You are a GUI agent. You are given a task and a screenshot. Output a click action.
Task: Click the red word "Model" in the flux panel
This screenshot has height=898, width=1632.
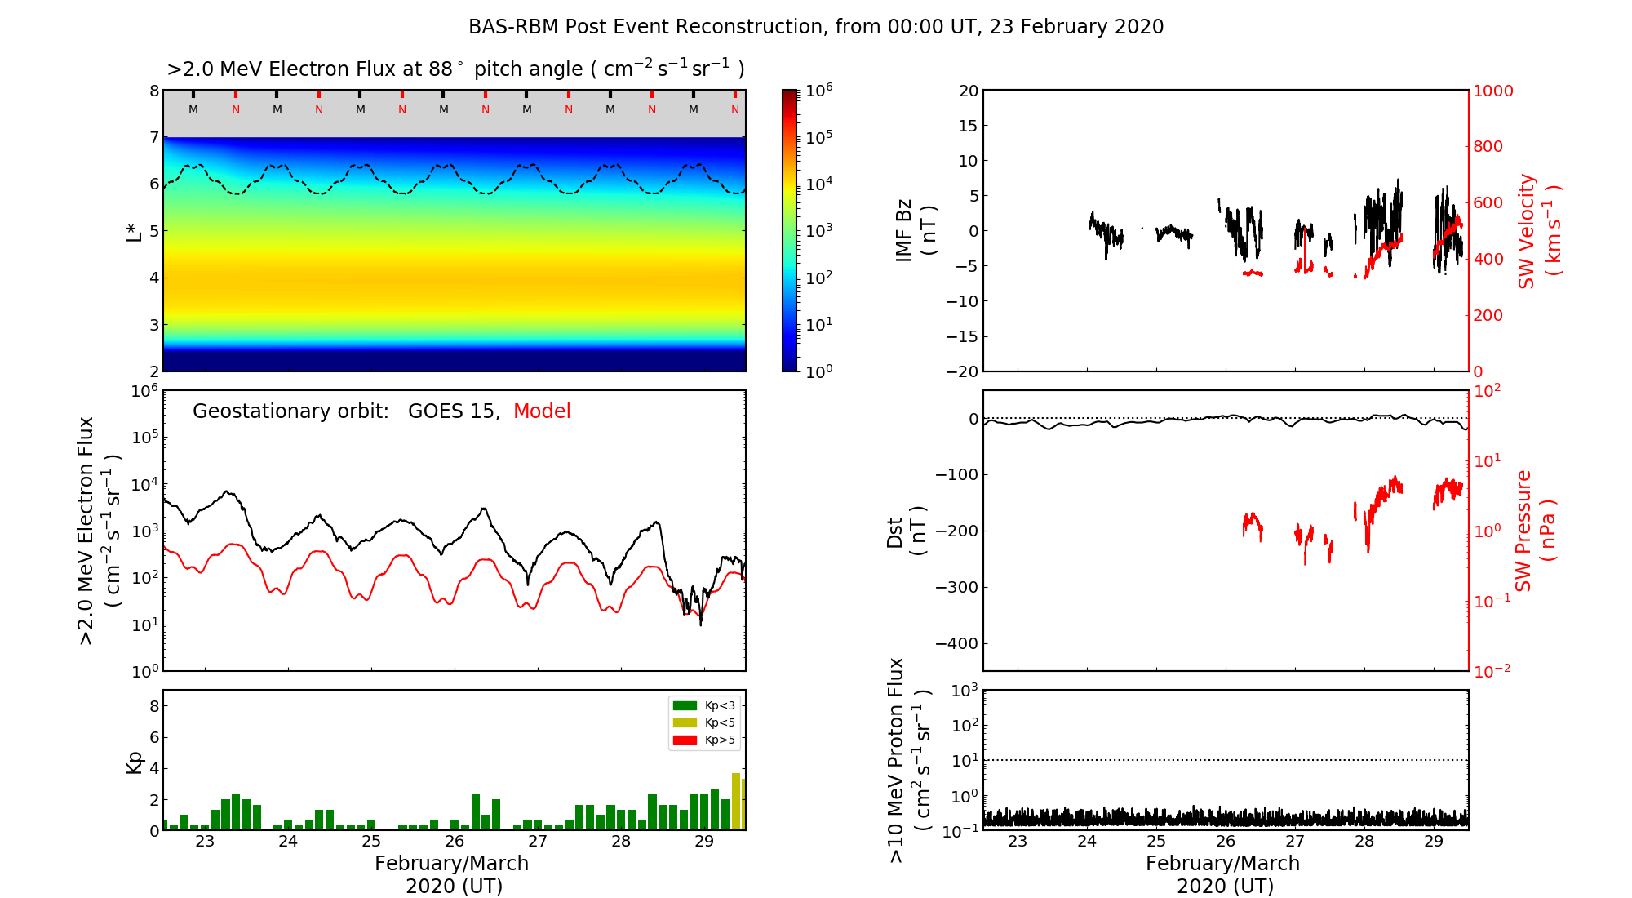point(542,411)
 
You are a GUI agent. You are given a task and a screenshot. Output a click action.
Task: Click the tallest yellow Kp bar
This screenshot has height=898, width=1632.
point(736,801)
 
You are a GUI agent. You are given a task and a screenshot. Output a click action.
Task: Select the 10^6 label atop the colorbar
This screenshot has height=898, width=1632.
point(818,91)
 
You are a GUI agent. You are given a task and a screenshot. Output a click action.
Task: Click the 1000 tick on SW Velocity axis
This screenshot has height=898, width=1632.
point(1492,91)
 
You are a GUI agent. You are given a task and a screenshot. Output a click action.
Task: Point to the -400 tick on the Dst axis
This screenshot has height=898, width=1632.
point(960,643)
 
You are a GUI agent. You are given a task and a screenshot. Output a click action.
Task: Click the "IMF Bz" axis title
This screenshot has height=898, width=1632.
point(916,231)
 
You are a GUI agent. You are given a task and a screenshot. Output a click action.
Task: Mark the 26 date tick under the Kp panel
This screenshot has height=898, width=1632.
point(455,842)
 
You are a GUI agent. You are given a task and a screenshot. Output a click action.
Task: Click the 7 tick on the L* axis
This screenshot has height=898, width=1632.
point(153,137)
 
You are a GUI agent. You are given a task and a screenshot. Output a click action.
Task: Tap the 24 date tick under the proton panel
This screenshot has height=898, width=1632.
point(1087,842)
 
